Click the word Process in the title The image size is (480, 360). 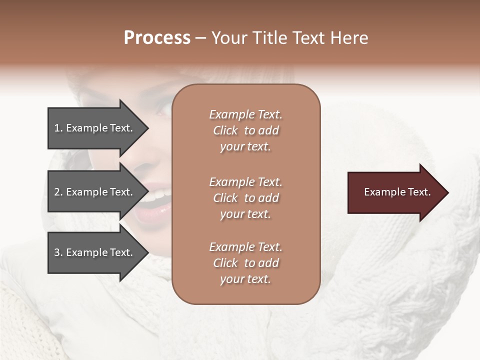click(157, 38)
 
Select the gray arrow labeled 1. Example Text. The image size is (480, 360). click(95, 128)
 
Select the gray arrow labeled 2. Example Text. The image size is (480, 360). click(95, 192)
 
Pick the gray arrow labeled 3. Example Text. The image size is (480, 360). click(95, 252)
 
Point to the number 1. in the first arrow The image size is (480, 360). click(58, 128)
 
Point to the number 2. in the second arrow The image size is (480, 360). click(58, 192)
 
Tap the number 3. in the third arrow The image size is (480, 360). click(58, 252)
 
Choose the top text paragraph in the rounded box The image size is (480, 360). click(245, 130)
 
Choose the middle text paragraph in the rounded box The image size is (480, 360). click(245, 198)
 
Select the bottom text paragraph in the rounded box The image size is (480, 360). click(245, 263)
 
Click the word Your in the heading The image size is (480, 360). click(229, 38)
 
